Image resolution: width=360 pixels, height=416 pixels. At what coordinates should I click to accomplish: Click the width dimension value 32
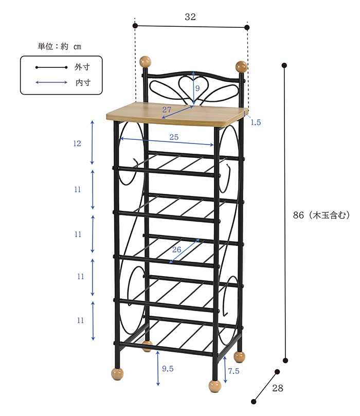(x=190, y=17)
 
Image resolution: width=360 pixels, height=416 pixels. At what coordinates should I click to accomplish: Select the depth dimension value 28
(x=278, y=388)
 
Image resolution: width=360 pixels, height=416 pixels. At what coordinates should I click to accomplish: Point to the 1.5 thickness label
(x=256, y=122)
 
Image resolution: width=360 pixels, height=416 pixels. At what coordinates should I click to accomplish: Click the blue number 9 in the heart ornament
(x=197, y=88)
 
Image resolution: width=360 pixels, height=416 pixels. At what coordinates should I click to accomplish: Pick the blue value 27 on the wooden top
(x=167, y=110)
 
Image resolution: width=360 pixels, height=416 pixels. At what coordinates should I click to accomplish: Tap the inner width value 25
(x=174, y=136)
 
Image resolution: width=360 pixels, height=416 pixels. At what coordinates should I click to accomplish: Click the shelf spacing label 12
(x=77, y=143)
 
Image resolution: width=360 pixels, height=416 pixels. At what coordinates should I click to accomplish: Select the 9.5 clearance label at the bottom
(x=167, y=369)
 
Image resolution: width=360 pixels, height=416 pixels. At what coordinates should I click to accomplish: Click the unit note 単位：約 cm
(x=59, y=46)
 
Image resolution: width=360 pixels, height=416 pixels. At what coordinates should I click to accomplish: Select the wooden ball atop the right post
(x=241, y=67)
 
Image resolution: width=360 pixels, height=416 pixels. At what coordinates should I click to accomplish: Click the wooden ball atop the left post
(x=146, y=61)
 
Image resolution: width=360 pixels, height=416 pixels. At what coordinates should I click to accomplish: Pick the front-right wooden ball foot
(x=214, y=386)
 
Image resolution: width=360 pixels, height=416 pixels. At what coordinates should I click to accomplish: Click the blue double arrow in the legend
(x=51, y=82)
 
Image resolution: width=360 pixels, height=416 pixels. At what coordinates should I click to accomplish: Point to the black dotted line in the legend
(x=51, y=67)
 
